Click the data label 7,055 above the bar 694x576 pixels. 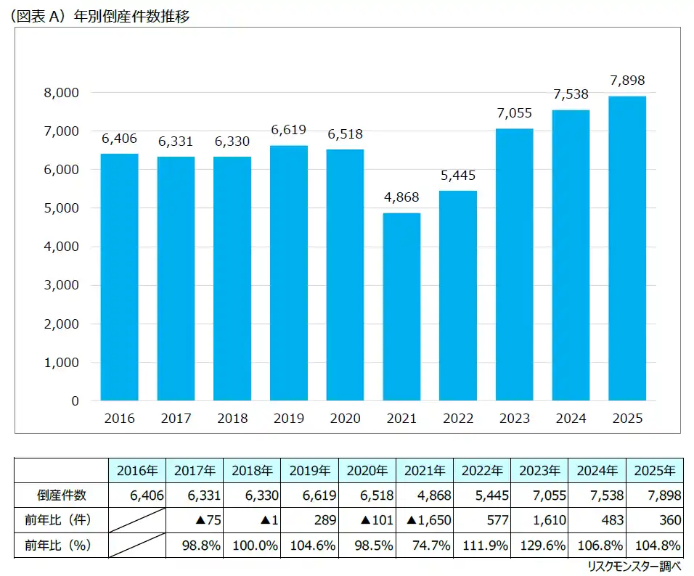coord(514,113)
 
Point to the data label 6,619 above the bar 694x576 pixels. coord(288,131)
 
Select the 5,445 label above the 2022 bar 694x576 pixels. coord(457,176)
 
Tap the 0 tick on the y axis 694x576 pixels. coord(75,400)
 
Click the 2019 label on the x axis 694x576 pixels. coord(288,419)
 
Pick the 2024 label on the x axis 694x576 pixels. coord(571,419)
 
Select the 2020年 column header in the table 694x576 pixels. coord(367,470)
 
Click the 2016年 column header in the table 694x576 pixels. coord(136,470)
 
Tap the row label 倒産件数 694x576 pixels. coord(62,495)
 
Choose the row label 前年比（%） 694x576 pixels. coord(62,546)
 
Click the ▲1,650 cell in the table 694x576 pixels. coord(428,520)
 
